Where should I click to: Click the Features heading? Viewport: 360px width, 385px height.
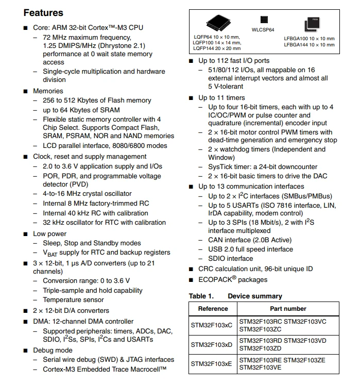tap(43, 13)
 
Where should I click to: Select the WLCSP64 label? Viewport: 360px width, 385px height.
tap(263, 30)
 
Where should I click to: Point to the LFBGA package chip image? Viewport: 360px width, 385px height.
tap(312, 25)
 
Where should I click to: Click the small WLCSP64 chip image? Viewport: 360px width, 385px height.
tap(264, 20)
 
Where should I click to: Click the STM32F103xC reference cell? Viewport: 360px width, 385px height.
tap(212, 325)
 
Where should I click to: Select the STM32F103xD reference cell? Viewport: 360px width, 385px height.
tap(212, 344)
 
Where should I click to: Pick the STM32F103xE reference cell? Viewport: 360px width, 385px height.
tap(211, 364)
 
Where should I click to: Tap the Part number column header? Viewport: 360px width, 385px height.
tap(288, 309)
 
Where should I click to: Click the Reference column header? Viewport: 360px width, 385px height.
tap(213, 309)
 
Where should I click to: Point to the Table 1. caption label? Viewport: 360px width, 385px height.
tap(201, 296)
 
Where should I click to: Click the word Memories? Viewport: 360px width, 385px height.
tap(48, 91)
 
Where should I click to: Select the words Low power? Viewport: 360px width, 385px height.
tap(50, 234)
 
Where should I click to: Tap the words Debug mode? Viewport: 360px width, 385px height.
tap(53, 350)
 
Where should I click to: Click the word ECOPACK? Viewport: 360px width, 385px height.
tap(215, 280)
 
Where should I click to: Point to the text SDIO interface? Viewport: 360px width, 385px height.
tap(231, 258)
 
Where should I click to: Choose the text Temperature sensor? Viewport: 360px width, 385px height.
tap(73, 299)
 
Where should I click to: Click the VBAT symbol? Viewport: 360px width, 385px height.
tap(50, 253)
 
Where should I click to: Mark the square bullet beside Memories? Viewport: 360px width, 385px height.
tap(26, 91)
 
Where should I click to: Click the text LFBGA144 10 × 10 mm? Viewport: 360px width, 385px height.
tap(309, 45)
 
